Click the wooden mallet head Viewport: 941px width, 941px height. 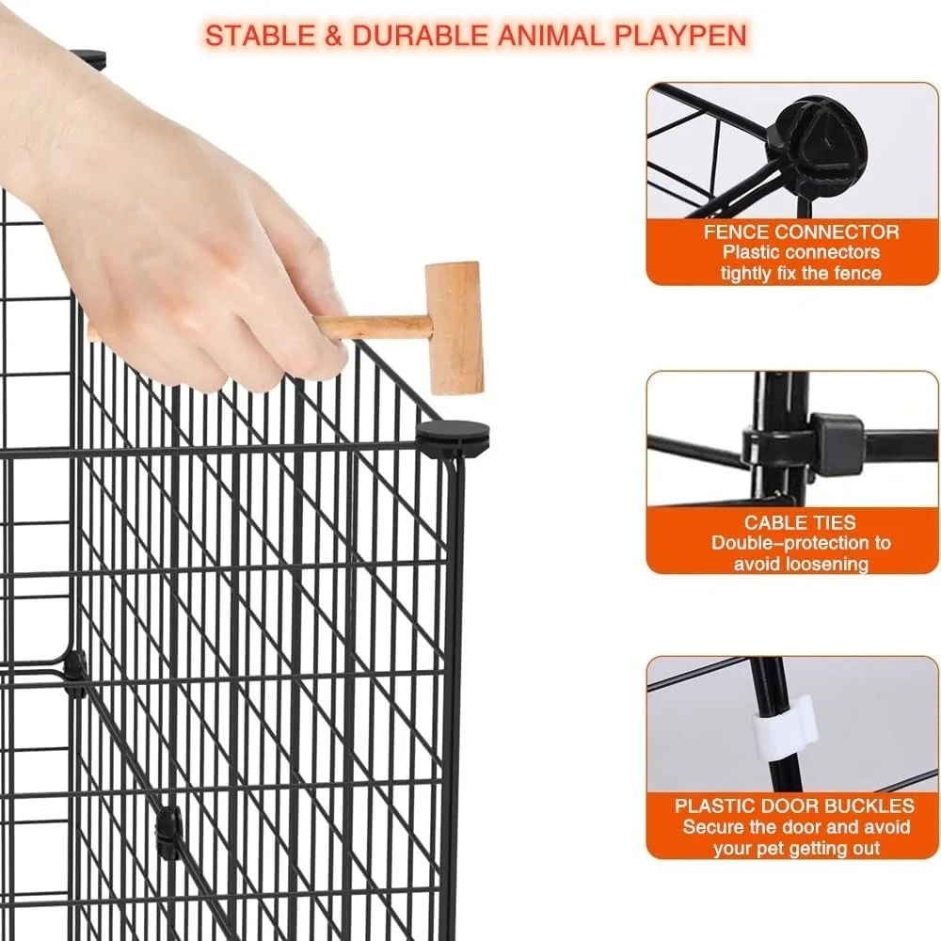coord(454,327)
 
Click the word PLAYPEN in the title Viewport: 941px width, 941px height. coord(680,36)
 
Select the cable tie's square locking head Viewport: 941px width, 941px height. coord(837,443)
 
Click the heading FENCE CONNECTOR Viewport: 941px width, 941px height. coord(801,232)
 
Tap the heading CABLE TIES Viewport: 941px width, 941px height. coord(800,522)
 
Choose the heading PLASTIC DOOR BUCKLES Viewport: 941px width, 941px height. coord(794,805)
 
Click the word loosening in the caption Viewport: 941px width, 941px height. coord(830,564)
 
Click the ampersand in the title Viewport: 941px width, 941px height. coord(334,36)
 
